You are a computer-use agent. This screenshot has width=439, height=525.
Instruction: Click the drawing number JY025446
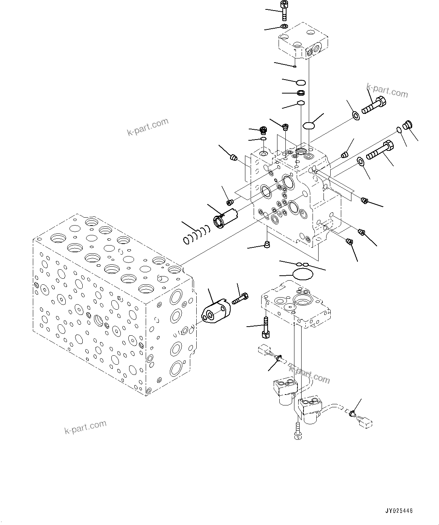point(399,511)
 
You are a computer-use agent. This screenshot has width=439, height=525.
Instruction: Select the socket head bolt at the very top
point(284,11)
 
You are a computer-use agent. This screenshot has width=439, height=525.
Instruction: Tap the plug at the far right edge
point(407,125)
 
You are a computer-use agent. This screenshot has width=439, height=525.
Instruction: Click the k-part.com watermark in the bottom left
point(85,427)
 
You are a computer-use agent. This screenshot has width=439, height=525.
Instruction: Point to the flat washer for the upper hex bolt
point(356,115)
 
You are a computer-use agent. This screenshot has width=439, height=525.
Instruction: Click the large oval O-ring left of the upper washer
point(308,125)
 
